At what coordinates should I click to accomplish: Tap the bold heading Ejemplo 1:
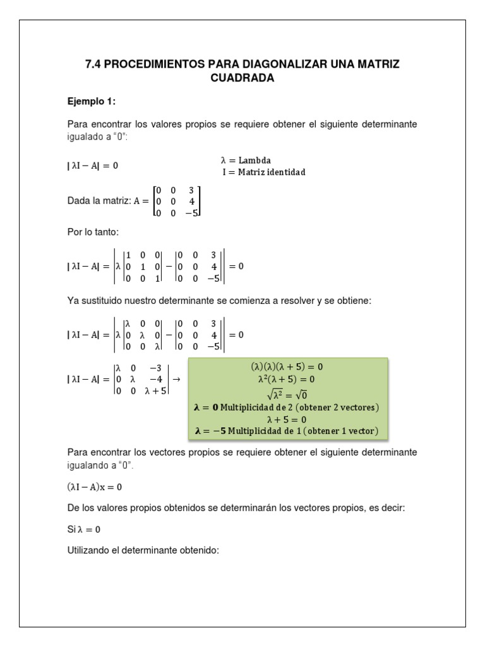[92, 101]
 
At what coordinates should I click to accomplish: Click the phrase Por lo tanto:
[92, 232]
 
